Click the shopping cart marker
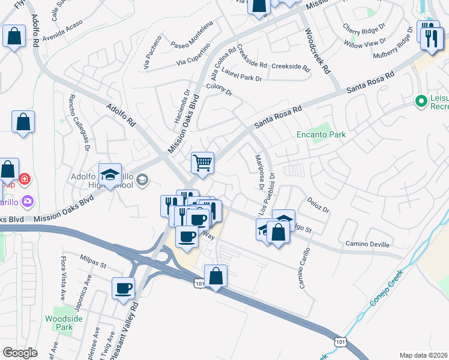tap(203, 163)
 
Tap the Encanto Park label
tap(322, 135)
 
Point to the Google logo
tap(20, 352)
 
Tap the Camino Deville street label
tap(367, 244)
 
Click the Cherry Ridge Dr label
tap(364, 28)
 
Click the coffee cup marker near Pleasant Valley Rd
tap(123, 288)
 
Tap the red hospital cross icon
tap(24, 179)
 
